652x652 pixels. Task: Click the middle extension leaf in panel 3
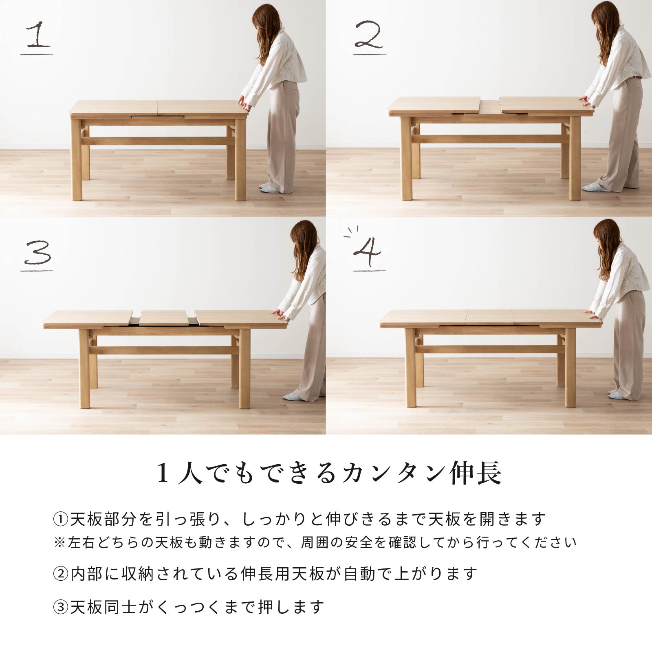pyautogui.click(x=163, y=318)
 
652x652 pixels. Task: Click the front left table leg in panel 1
pyautogui.click(x=76, y=160)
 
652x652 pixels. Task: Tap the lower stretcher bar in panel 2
pyautogui.click(x=490, y=139)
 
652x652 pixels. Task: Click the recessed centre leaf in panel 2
pyautogui.click(x=490, y=107)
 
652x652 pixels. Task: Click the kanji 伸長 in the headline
pyautogui.click(x=476, y=473)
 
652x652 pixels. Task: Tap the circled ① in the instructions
pyautogui.click(x=60, y=520)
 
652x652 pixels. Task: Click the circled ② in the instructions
pyautogui.click(x=60, y=574)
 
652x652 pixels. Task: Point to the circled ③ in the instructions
pyautogui.click(x=60, y=607)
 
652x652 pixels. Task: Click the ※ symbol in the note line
pyautogui.click(x=59, y=543)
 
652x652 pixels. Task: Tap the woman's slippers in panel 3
pyautogui.click(x=293, y=396)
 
